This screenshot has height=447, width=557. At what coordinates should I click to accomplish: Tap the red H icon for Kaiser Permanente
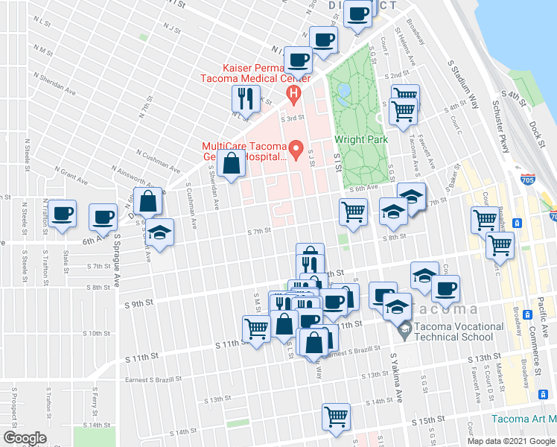pos(293,94)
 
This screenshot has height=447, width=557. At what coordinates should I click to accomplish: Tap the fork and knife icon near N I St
pos(244,98)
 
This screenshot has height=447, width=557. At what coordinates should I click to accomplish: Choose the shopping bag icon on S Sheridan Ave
pos(232,162)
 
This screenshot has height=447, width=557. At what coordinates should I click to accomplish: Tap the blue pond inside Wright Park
pos(343,93)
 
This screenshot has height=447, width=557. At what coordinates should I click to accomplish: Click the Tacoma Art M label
pos(521,419)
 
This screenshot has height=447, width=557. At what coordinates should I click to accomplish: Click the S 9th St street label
pos(139,303)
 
